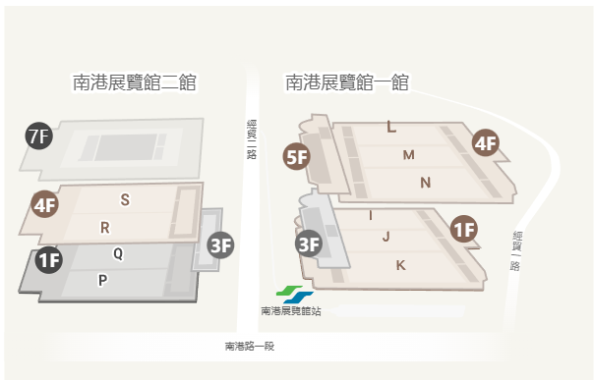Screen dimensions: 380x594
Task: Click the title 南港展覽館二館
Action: (134, 82)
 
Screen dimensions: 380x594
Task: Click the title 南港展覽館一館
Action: (347, 82)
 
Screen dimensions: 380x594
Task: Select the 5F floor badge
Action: (296, 156)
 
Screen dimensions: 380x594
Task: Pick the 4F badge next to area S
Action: (44, 205)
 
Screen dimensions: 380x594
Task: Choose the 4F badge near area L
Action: (485, 142)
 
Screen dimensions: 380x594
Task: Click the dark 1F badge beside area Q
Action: (48, 260)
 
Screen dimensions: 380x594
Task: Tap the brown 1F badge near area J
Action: (463, 230)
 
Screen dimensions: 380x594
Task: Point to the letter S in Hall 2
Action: (125, 200)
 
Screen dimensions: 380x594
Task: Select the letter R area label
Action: (104, 228)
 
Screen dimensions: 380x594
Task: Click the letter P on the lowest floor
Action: (101, 280)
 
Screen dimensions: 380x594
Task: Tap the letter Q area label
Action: (118, 252)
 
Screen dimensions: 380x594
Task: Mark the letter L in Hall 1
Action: (391, 127)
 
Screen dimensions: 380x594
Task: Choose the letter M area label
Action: (408, 155)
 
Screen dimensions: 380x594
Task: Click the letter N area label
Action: (425, 183)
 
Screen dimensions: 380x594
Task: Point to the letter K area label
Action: (400, 265)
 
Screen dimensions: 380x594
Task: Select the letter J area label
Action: (386, 237)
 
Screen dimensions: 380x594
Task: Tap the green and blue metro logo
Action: (294, 294)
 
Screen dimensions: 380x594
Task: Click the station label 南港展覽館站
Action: (291, 311)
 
